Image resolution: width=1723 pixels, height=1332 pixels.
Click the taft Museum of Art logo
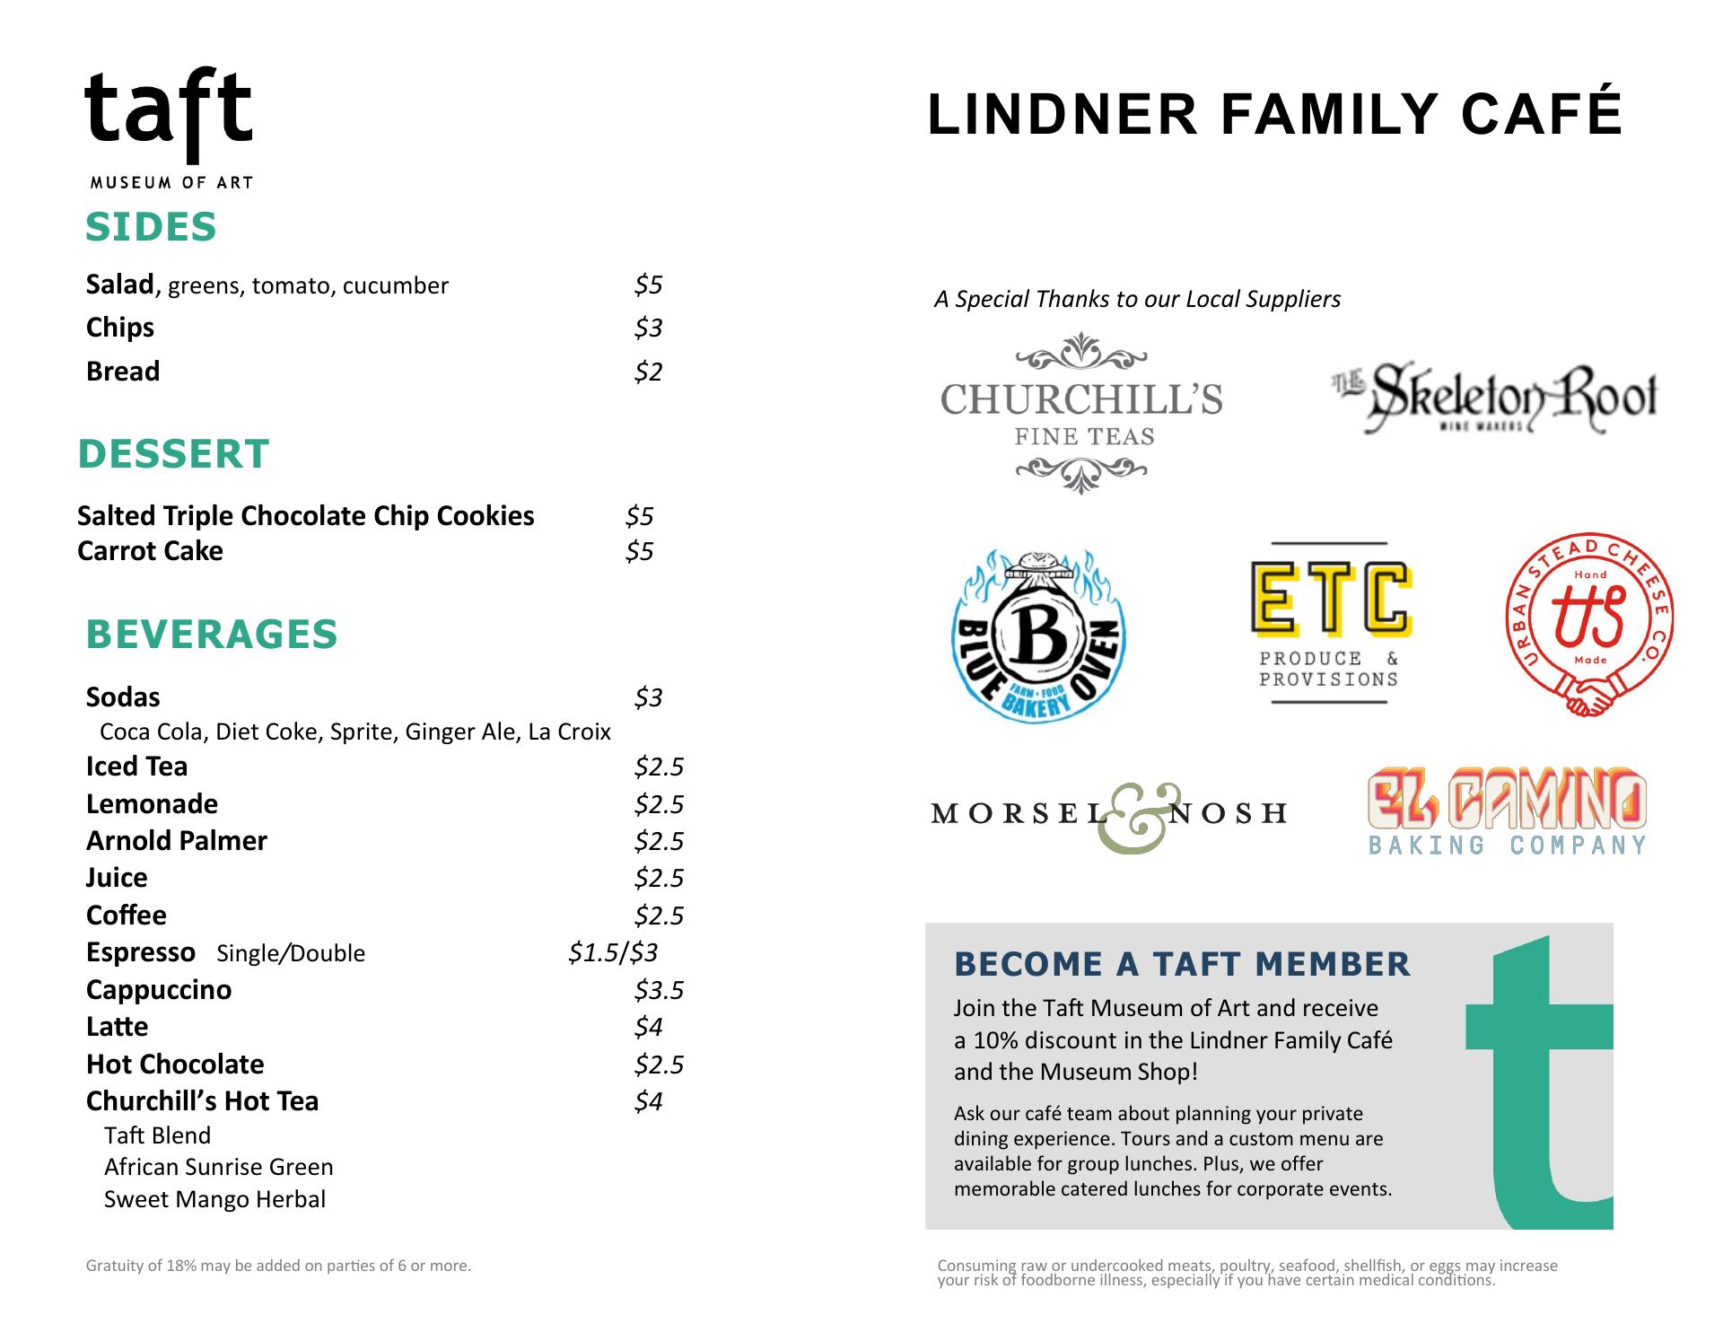tap(169, 127)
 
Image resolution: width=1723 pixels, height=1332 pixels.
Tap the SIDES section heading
tap(151, 227)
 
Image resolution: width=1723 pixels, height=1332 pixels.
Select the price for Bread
tap(648, 372)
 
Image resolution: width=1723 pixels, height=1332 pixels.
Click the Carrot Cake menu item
tap(150, 551)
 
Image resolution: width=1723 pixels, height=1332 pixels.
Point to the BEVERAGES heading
tap(212, 635)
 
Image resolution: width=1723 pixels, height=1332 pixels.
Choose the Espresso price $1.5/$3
tap(613, 952)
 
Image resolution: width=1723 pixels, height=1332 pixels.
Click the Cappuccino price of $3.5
tap(659, 990)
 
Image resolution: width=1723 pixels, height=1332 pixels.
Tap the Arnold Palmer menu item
tap(177, 841)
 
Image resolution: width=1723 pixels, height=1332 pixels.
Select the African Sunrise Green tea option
tap(218, 1167)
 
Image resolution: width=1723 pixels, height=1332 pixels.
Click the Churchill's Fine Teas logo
tap(1081, 414)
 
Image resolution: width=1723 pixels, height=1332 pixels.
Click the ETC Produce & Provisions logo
tap(1330, 622)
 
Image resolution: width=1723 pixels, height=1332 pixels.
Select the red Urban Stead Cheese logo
tap(1589, 623)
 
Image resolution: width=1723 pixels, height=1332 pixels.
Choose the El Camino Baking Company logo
tap(1507, 811)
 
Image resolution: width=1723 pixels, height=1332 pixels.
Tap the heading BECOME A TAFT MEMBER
tap(1182, 964)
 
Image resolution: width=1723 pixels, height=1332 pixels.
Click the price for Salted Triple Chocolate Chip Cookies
tap(639, 516)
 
